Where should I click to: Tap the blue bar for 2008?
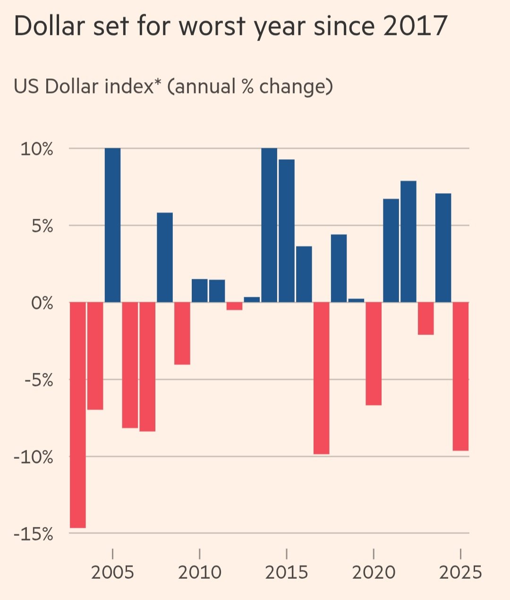tap(165, 257)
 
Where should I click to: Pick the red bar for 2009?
tap(182, 333)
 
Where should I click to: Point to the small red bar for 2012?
tap(234, 306)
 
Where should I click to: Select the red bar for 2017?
tap(321, 378)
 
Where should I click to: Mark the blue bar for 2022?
tap(408, 241)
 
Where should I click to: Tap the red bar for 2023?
tap(425, 318)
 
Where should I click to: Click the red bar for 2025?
tap(460, 376)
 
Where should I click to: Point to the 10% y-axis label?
tap(37, 149)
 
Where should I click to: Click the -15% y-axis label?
tap(34, 534)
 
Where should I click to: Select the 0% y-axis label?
tap(42, 303)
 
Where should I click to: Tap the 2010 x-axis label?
tap(200, 573)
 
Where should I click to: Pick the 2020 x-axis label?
tap(374, 573)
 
